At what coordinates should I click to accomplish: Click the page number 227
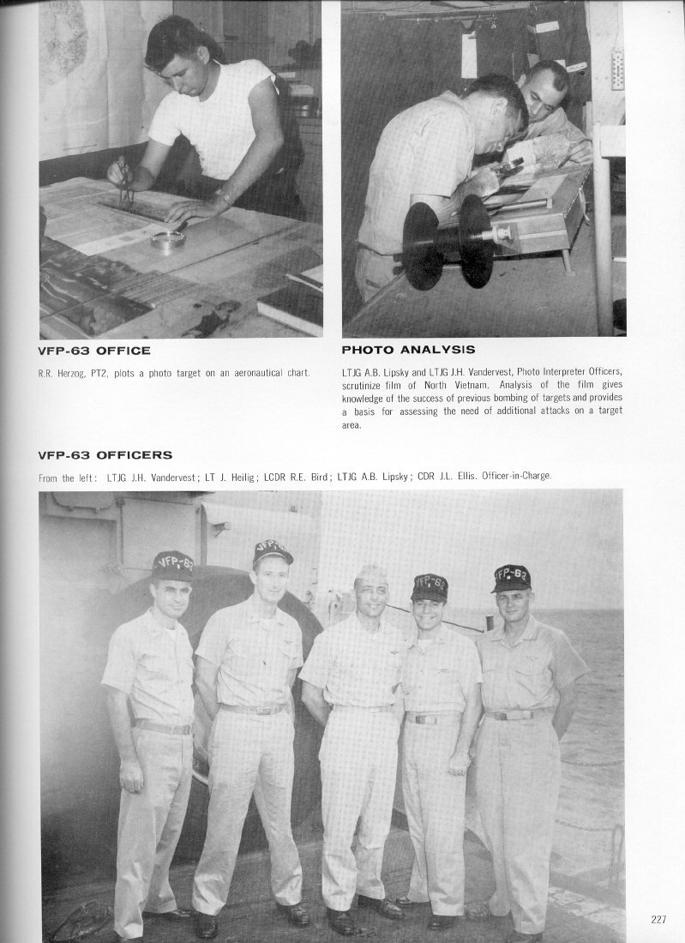658,920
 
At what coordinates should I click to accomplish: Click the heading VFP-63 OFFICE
95,351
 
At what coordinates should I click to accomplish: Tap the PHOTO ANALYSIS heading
408,350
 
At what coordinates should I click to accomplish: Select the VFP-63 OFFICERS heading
105,455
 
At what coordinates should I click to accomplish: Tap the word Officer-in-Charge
517,477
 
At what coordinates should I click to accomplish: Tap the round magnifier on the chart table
168,239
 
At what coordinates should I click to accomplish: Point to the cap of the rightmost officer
511,578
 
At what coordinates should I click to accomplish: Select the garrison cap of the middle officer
371,574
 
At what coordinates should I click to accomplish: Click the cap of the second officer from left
273,550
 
